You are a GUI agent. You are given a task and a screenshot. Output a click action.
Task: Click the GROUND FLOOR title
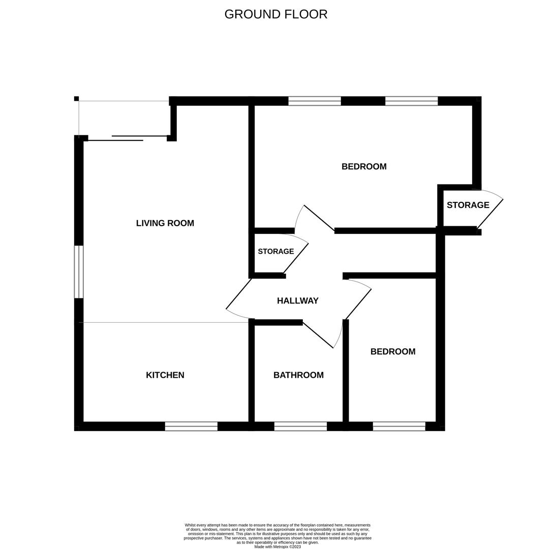[276, 14]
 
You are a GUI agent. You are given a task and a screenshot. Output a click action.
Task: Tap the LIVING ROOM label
[165, 223]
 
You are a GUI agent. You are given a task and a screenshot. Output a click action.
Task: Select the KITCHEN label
[165, 375]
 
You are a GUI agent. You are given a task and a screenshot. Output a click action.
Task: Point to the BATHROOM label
[298, 375]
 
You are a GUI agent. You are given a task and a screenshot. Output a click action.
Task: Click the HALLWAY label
[298, 301]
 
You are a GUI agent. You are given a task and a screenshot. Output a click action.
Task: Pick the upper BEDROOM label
[364, 167]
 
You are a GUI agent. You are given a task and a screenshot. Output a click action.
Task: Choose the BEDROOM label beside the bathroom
[393, 352]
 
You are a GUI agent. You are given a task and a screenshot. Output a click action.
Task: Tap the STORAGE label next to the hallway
[276, 252]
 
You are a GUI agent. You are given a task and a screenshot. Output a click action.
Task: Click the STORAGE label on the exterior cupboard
[468, 205]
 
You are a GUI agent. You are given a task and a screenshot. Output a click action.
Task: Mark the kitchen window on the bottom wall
[191, 426]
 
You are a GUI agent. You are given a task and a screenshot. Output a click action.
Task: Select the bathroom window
[300, 426]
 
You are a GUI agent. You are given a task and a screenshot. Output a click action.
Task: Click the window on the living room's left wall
[79, 272]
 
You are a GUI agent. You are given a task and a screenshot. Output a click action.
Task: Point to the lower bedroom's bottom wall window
[399, 426]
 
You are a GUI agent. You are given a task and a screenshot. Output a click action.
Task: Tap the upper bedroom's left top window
[315, 101]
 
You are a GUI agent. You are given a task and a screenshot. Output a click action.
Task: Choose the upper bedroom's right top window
[411, 101]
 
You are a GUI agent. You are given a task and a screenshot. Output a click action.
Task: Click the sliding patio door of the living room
[127, 138]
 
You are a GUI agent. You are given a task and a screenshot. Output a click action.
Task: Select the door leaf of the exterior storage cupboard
[490, 214]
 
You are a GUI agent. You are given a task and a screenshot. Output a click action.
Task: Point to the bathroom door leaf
[318, 335]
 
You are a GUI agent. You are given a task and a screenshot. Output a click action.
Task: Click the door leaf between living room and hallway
[239, 294]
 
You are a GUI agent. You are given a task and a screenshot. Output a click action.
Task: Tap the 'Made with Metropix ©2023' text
[277, 547]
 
